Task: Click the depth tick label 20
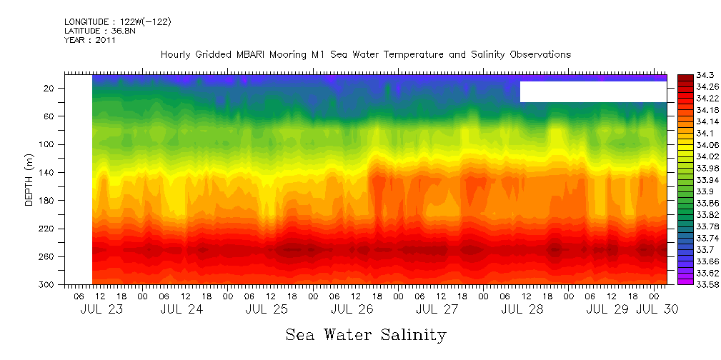pyautogui.click(x=50, y=88)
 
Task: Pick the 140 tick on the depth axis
pyautogui.click(x=47, y=172)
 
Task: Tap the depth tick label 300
pyautogui.click(x=47, y=284)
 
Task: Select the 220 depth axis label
pyautogui.click(x=47, y=229)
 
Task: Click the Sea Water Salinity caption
pyautogui.click(x=366, y=335)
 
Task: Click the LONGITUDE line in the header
pyautogui.click(x=117, y=22)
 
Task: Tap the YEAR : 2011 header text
pyautogui.click(x=89, y=40)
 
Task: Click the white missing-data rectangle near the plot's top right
pyautogui.click(x=593, y=91)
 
